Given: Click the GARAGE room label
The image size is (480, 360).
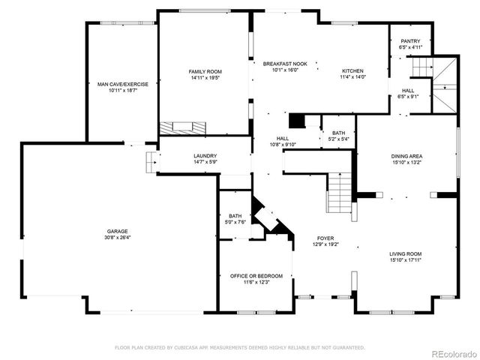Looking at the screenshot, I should (x=117, y=231).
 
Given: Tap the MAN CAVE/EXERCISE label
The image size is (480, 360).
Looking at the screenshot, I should (x=123, y=84).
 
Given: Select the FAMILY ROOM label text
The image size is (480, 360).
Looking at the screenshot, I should (x=205, y=71).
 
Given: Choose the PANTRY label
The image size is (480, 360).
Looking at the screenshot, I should (x=410, y=41).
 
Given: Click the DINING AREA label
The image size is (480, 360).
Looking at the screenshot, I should (x=406, y=156).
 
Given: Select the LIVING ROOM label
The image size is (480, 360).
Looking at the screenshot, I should (x=405, y=253).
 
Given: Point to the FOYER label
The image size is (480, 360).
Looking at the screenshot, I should (x=325, y=238).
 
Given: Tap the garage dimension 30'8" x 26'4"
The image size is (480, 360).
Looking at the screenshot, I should (x=117, y=238).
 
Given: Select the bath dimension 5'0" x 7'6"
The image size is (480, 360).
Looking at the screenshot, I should (x=235, y=222).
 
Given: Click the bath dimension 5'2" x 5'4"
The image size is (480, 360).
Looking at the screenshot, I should (x=338, y=139).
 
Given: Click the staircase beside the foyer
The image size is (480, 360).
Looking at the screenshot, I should (x=339, y=191).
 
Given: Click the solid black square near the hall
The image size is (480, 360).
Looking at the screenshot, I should (x=298, y=121).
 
